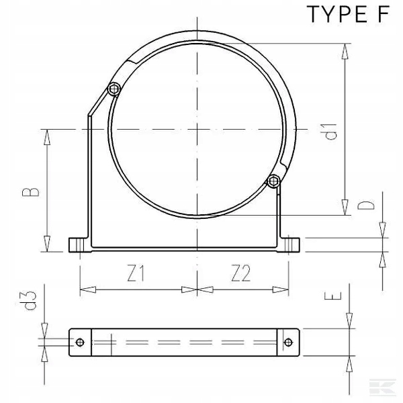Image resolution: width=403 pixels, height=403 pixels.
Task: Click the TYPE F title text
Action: [348, 14]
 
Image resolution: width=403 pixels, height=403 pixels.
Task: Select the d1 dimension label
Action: [331, 132]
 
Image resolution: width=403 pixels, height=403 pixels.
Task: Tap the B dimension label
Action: [31, 192]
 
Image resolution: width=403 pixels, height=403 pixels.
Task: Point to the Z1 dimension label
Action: [136, 273]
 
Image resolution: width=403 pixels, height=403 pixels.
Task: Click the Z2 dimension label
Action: [241, 273]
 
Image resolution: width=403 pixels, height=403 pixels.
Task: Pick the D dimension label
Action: [366, 206]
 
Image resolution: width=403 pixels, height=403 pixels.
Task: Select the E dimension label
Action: [333, 296]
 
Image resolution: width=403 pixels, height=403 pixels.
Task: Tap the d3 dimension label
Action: [28, 300]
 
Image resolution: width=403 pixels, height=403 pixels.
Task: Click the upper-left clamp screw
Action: [114, 89]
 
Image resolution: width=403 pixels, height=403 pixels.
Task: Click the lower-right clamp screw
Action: [274, 181]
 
